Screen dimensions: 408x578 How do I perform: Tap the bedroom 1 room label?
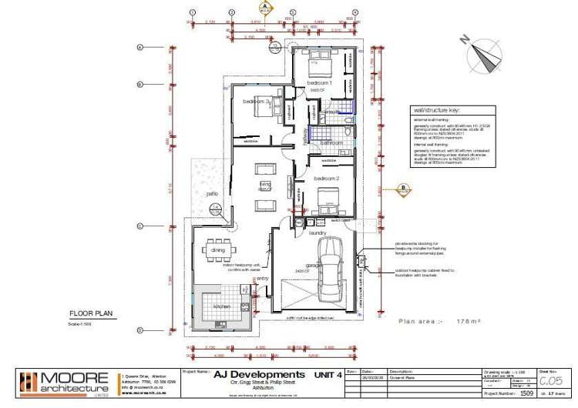pos(320,82)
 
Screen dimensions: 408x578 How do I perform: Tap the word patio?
pos(211,193)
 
